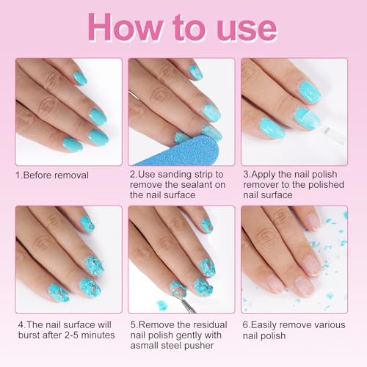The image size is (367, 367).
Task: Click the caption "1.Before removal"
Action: [52, 175]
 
